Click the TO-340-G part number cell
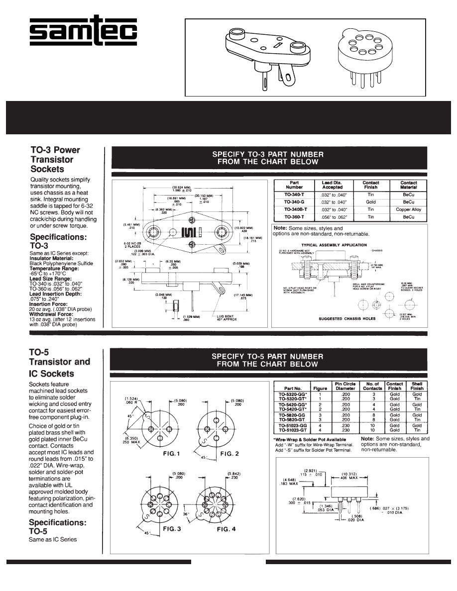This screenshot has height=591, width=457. (294, 202)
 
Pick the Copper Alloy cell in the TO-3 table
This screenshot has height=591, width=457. (409, 209)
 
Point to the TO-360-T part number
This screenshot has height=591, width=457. (294, 217)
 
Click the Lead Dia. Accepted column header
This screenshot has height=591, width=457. (332, 185)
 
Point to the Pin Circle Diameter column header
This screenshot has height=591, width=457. (345, 386)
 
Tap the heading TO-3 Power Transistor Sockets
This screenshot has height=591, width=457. (55, 159)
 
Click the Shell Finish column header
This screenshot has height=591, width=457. (417, 386)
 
